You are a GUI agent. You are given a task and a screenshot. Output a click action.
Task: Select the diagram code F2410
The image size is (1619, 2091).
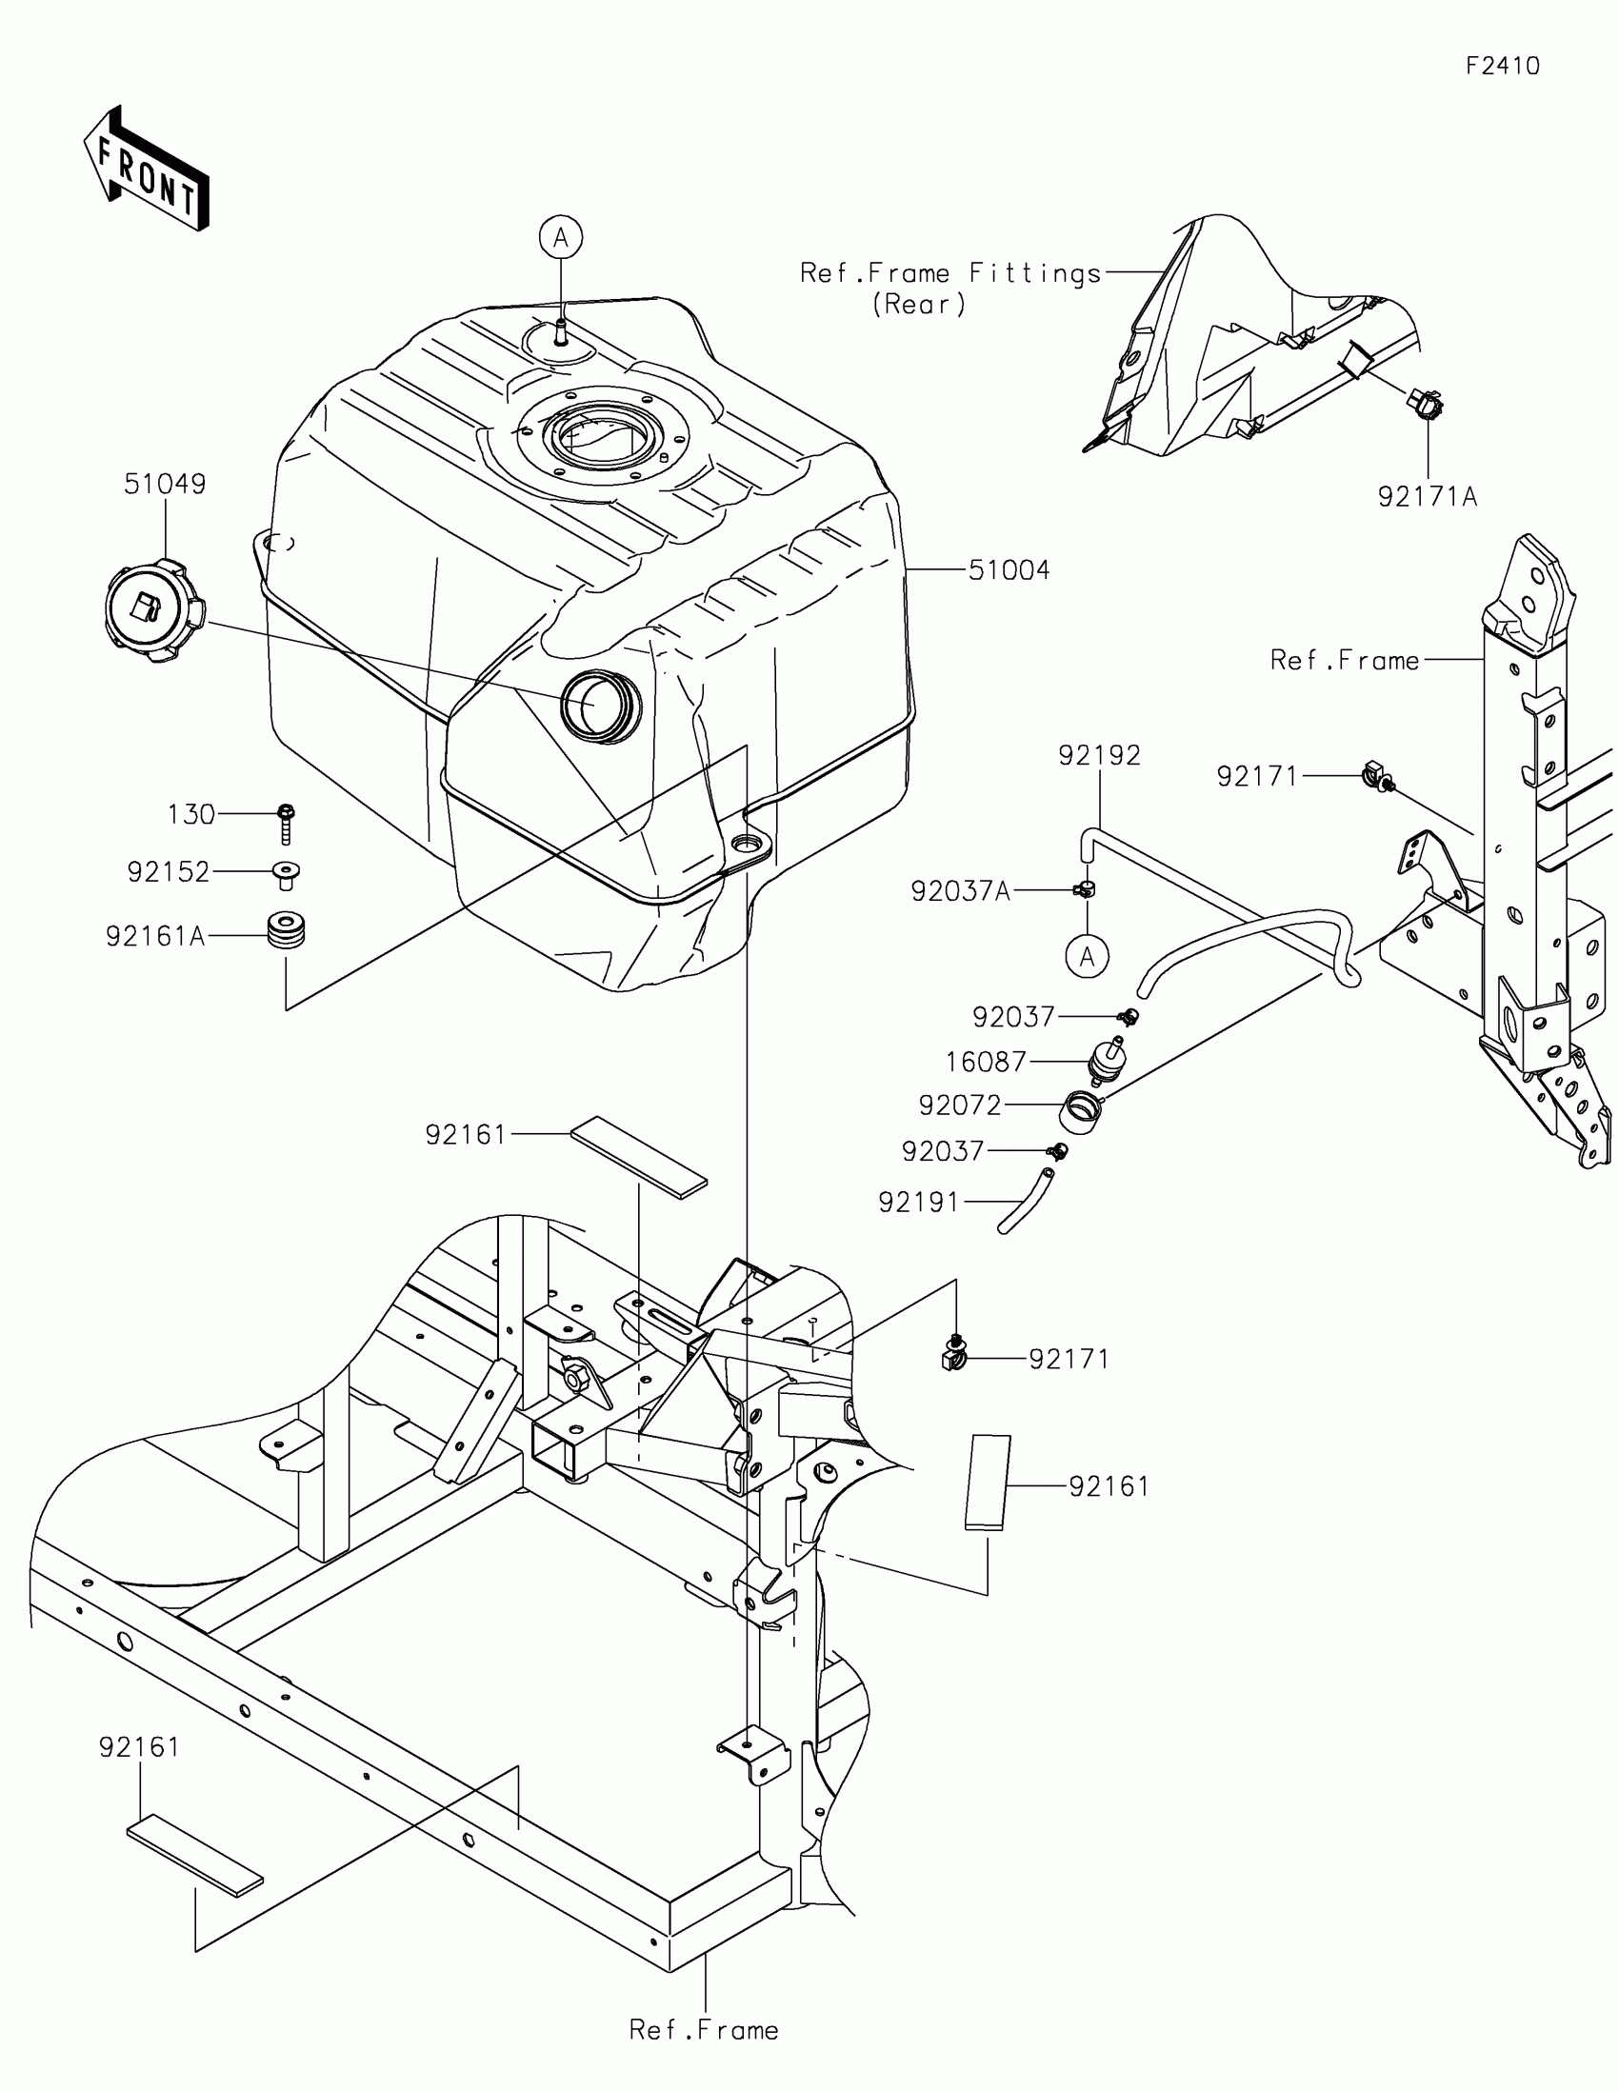[1502, 65]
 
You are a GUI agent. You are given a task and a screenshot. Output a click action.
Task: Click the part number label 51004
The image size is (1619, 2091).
[1009, 570]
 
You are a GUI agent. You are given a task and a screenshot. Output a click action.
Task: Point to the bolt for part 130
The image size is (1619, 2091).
[286, 822]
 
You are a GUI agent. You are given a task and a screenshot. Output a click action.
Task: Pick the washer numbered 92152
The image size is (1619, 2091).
[286, 872]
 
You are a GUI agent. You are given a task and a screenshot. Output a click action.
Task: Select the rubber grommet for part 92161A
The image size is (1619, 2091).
[286, 930]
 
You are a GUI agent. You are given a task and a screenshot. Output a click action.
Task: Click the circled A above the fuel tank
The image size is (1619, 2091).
[561, 236]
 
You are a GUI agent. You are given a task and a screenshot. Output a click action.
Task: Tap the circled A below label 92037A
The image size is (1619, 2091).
[1088, 955]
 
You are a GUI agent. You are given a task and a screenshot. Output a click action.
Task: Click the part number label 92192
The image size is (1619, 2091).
[1099, 755]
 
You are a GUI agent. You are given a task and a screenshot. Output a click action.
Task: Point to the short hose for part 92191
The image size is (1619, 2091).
[1027, 1201]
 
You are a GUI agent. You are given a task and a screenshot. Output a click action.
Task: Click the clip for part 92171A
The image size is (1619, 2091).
[1426, 406]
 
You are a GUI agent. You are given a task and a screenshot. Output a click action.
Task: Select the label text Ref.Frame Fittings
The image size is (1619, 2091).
[950, 274]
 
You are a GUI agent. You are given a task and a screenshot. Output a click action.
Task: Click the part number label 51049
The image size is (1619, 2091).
[165, 484]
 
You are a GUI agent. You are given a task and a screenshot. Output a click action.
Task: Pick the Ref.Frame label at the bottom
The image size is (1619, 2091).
[704, 2030]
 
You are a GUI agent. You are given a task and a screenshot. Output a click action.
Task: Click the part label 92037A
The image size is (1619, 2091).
[960, 891]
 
